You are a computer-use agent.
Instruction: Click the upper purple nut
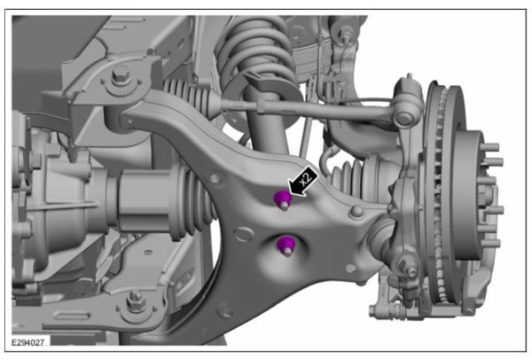(x=282, y=199)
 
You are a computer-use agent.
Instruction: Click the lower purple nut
(x=285, y=245)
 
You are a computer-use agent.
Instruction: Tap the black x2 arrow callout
(x=303, y=181)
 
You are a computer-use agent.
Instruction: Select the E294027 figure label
(x=27, y=342)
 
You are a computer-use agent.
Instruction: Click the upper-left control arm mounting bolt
(x=121, y=77)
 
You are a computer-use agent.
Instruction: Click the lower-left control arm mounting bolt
(x=136, y=302)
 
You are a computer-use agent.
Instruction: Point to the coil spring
(x=255, y=48)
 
